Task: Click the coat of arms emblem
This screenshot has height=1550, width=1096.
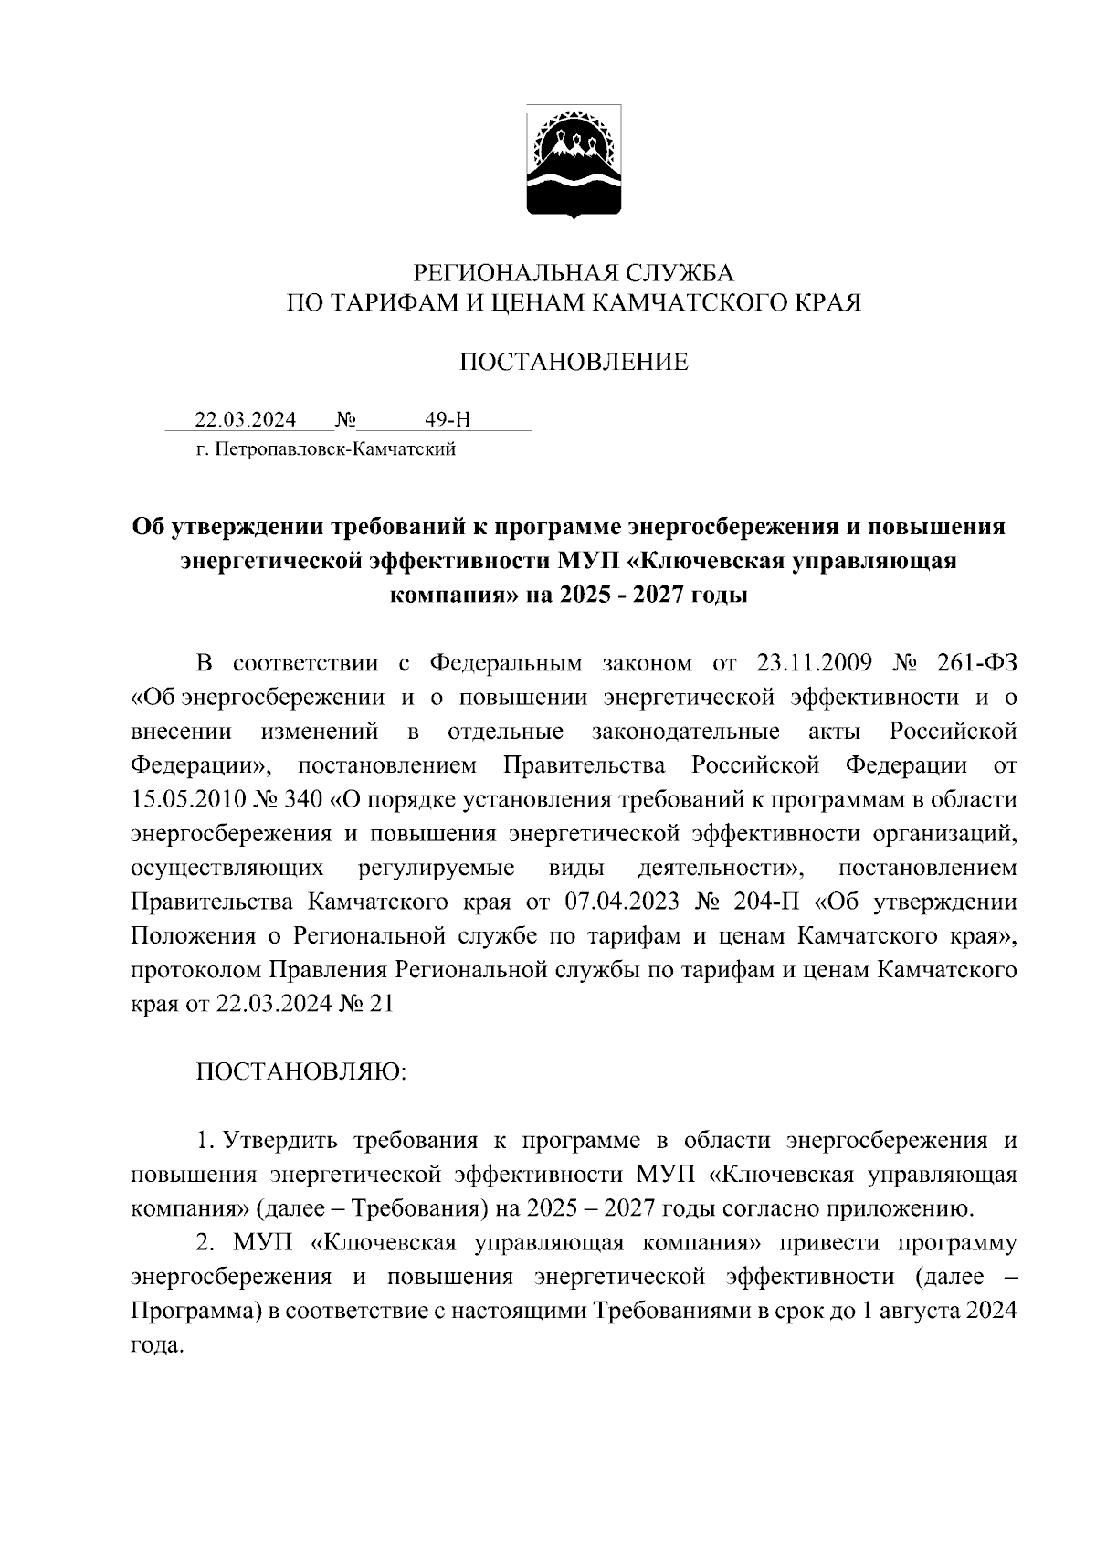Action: click(x=574, y=163)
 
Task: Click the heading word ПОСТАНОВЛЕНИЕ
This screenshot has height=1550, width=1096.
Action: click(x=574, y=363)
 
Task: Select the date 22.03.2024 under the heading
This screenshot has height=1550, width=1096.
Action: click(x=245, y=419)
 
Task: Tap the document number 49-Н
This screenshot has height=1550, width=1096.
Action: click(x=448, y=419)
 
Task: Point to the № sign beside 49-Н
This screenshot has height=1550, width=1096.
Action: click(x=345, y=419)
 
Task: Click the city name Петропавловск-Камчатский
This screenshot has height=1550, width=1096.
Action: click(x=336, y=449)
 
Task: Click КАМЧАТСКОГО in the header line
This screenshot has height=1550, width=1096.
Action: click(x=696, y=302)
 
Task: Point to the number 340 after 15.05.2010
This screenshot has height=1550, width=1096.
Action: click(x=303, y=798)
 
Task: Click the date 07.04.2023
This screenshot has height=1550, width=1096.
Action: click(x=622, y=902)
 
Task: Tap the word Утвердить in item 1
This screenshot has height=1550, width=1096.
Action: click(x=281, y=1140)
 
